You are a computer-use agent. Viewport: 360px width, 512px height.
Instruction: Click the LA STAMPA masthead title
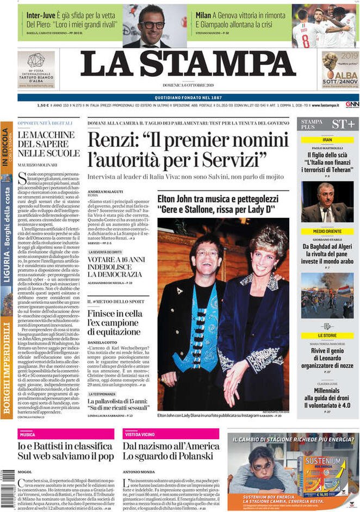click(188, 64)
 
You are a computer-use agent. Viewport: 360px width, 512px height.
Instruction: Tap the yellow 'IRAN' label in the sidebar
click(327, 140)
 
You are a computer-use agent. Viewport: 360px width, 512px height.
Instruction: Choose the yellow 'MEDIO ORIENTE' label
click(327, 232)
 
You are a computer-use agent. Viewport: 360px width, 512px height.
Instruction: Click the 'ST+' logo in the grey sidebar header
click(343, 124)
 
